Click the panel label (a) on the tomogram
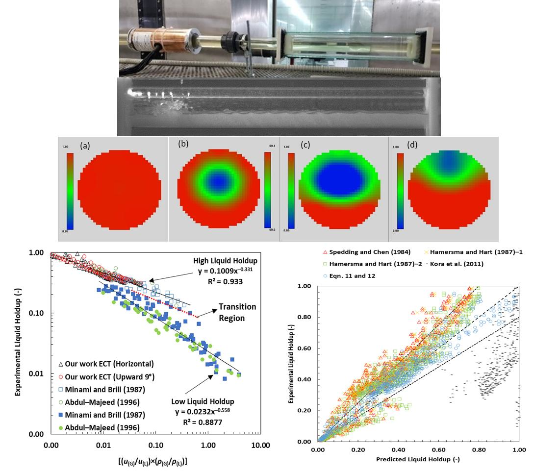tap(84, 146)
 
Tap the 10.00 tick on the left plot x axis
tap(260, 446)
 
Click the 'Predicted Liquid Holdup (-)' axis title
tap(417, 460)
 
